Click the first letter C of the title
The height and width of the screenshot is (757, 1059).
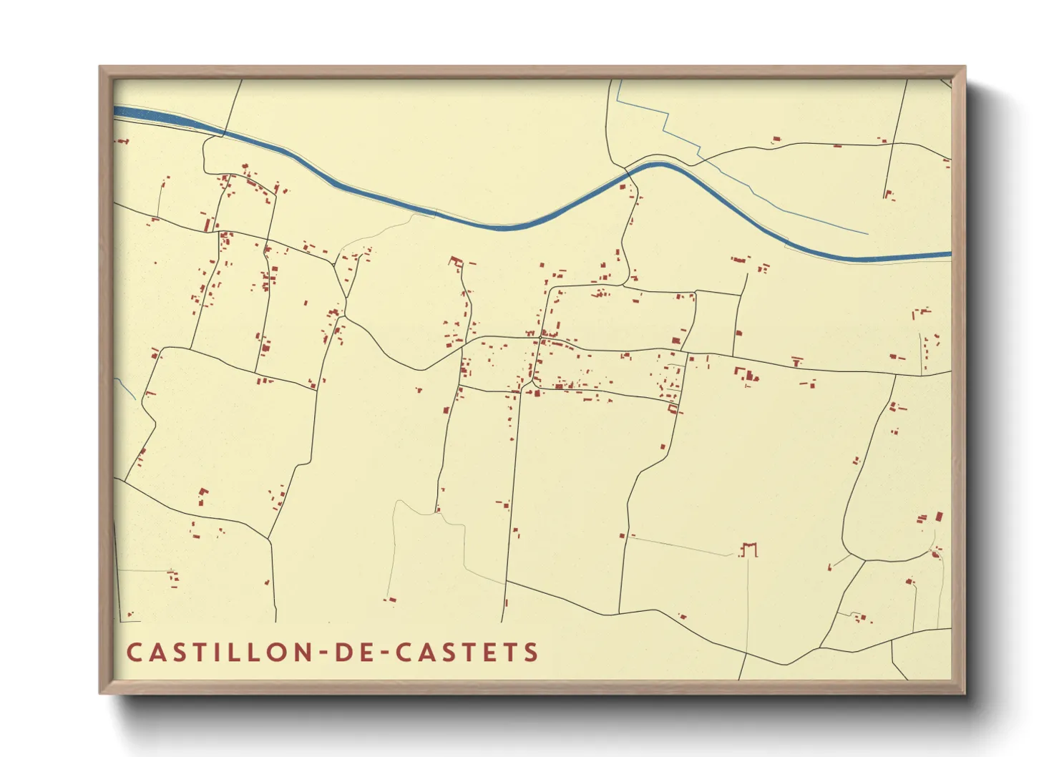click(135, 653)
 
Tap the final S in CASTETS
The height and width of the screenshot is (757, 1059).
click(531, 653)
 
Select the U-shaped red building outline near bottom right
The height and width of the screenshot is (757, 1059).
click(748, 548)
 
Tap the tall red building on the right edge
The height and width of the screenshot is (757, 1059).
click(939, 516)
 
